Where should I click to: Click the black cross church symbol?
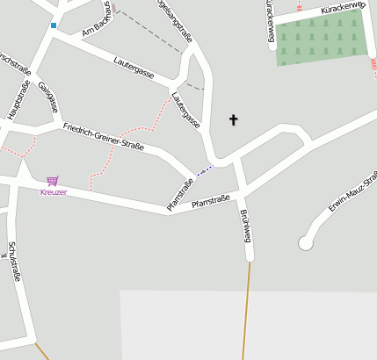234,119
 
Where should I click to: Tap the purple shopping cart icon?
53,181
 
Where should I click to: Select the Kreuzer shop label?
54,192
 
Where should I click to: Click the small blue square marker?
54,25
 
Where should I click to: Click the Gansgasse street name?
48,97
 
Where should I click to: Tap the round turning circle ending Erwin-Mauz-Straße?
306,242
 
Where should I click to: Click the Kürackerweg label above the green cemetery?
343,9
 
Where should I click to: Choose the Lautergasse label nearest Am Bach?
134,67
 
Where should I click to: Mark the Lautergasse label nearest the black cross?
186,112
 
